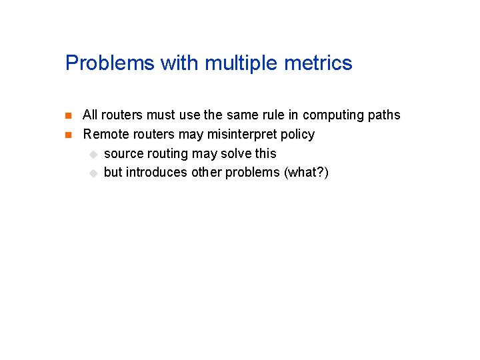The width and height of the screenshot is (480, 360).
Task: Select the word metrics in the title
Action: point(318,63)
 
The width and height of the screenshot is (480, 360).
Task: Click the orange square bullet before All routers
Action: point(69,115)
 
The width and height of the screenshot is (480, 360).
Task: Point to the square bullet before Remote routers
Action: point(69,135)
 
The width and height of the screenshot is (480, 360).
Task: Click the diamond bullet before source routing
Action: point(93,154)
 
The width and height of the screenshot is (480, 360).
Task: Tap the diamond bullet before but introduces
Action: point(93,173)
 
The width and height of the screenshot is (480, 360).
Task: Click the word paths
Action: point(384,115)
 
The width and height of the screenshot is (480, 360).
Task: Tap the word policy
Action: point(297,134)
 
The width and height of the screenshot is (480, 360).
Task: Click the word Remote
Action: point(104,134)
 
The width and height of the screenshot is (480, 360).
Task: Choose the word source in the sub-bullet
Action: point(123,153)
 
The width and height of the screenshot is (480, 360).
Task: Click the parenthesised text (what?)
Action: point(306,173)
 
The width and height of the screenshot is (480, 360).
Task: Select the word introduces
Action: point(157,173)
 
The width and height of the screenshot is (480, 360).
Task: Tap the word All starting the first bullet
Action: point(91,115)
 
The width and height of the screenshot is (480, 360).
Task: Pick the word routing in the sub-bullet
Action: point(167,153)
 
